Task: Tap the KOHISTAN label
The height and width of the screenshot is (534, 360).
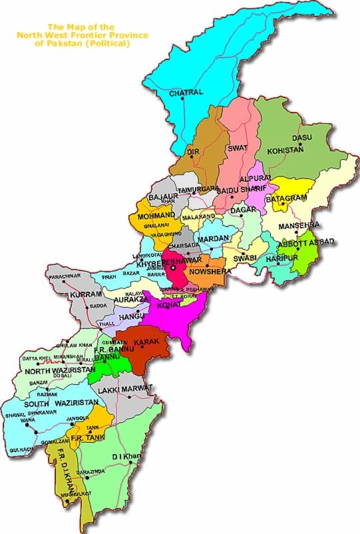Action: [285, 150]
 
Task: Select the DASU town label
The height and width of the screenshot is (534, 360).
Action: [303, 137]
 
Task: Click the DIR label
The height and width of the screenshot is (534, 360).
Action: [193, 152]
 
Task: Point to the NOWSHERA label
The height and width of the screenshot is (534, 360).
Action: [209, 272]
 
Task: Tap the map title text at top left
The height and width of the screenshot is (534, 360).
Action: [83, 35]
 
